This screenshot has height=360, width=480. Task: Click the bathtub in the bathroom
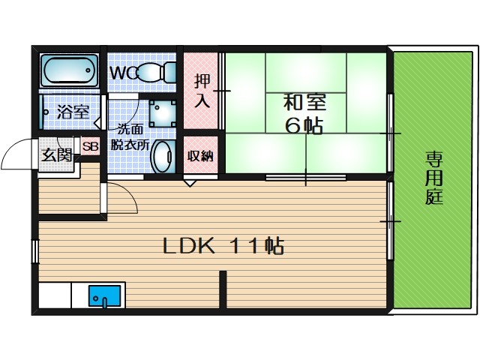tap(70, 70)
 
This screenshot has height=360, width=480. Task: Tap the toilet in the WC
tap(156, 72)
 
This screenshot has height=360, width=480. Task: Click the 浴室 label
tap(73, 112)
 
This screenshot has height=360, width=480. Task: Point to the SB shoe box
tap(91, 146)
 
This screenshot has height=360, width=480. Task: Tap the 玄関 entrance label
tap(57, 155)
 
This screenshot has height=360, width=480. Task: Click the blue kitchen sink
tap(105, 295)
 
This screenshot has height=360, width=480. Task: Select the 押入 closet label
tap(202, 91)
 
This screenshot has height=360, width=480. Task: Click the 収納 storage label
tap(200, 156)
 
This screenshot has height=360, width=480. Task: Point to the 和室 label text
tap(305, 103)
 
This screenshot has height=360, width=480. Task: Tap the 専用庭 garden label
tap(434, 178)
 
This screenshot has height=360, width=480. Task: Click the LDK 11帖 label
tap(223, 246)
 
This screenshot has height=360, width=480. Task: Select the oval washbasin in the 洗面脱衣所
tap(163, 157)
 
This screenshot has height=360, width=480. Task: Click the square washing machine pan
tap(163, 113)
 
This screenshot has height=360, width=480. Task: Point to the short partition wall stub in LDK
tap(223, 289)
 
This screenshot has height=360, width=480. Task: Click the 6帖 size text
tap(304, 125)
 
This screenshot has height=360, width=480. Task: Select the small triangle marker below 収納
tap(190, 183)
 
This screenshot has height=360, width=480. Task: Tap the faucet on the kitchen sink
tap(105, 302)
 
